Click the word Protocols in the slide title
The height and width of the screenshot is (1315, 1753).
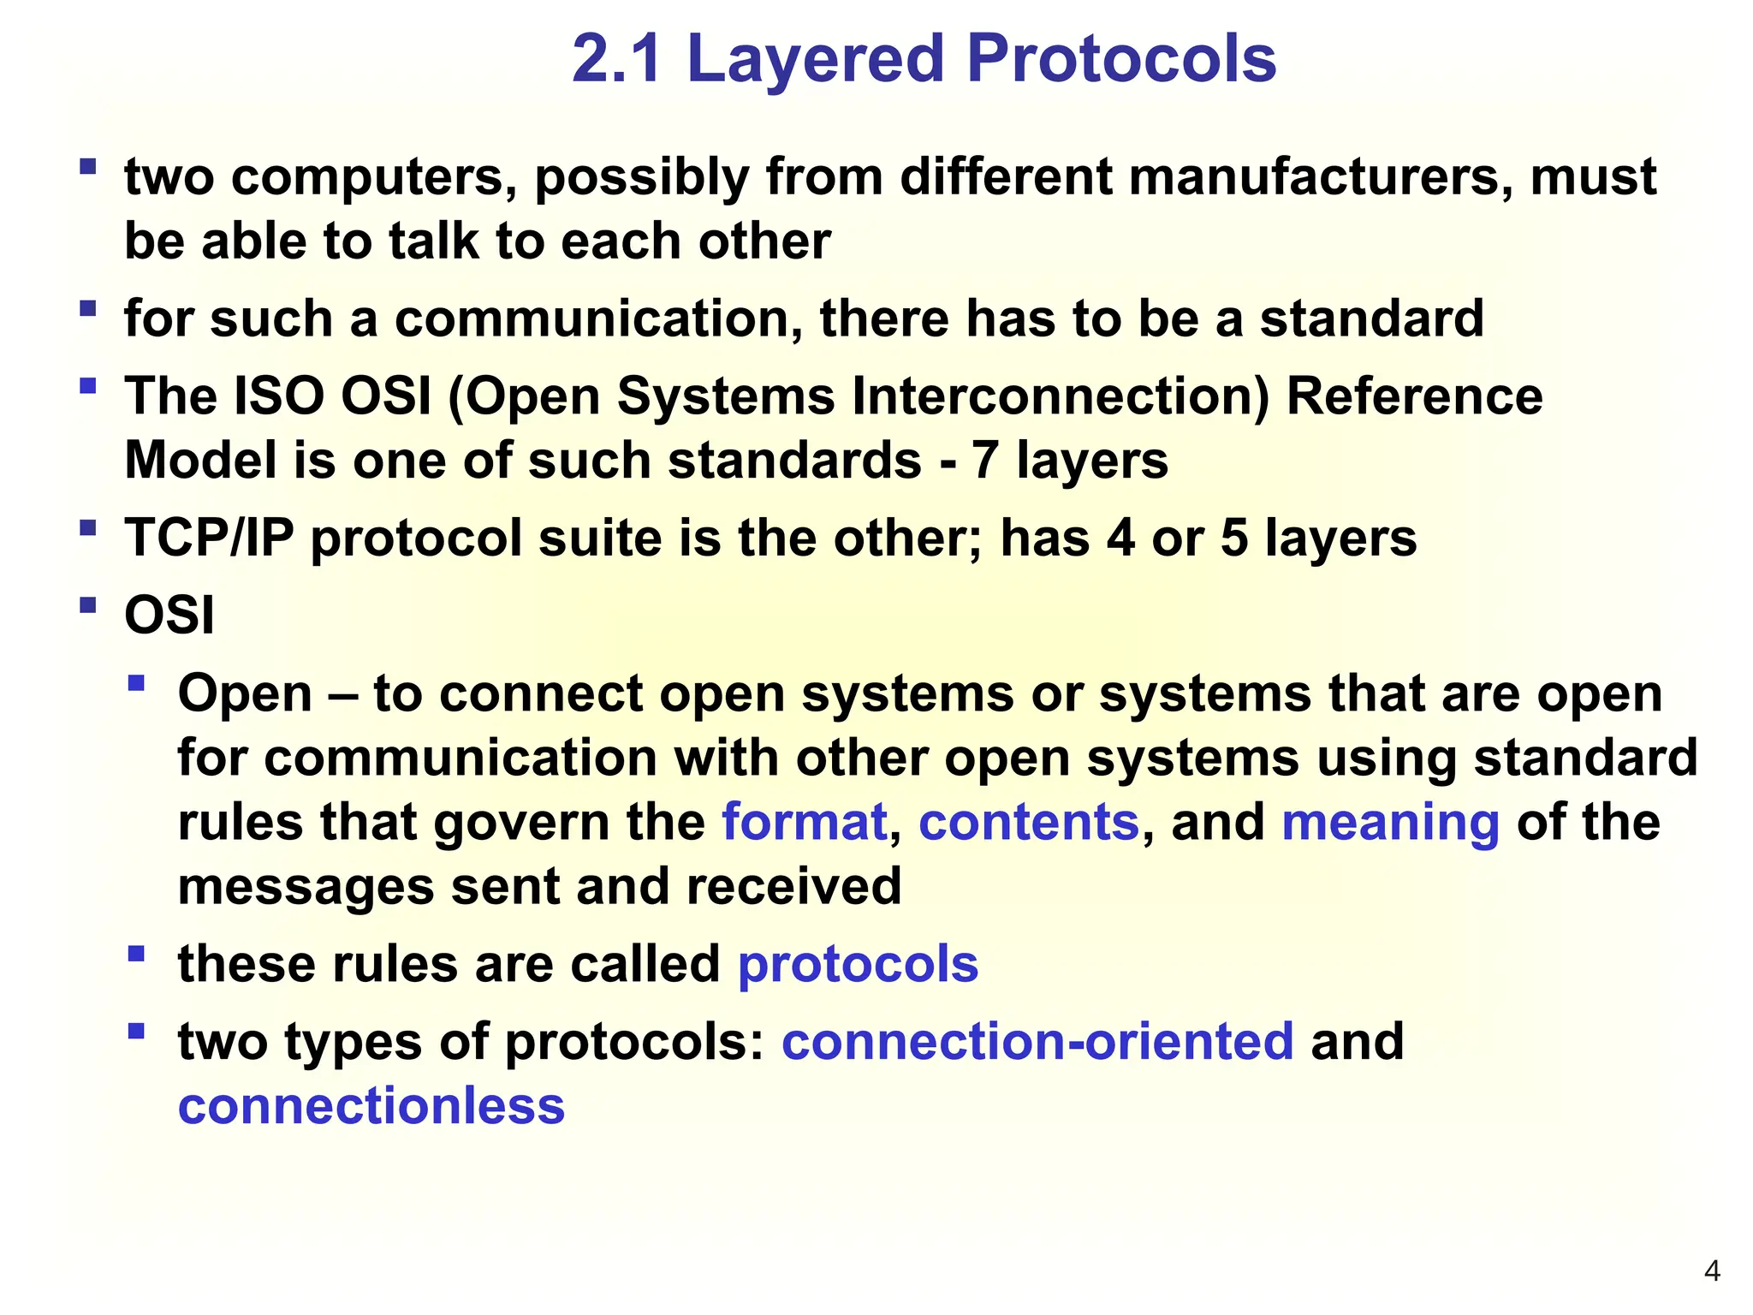1121,60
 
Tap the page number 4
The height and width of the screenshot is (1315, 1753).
1712,1270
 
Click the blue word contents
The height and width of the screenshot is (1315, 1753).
1029,822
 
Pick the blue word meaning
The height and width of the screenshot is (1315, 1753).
1390,824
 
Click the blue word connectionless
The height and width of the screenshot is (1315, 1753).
371,1105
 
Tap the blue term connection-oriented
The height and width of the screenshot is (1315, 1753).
1037,1041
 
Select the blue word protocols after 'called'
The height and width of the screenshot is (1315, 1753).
858,966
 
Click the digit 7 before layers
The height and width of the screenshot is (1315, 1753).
984,461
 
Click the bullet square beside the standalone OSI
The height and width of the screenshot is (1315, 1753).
87,605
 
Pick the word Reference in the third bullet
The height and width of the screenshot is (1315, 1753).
1414,397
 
